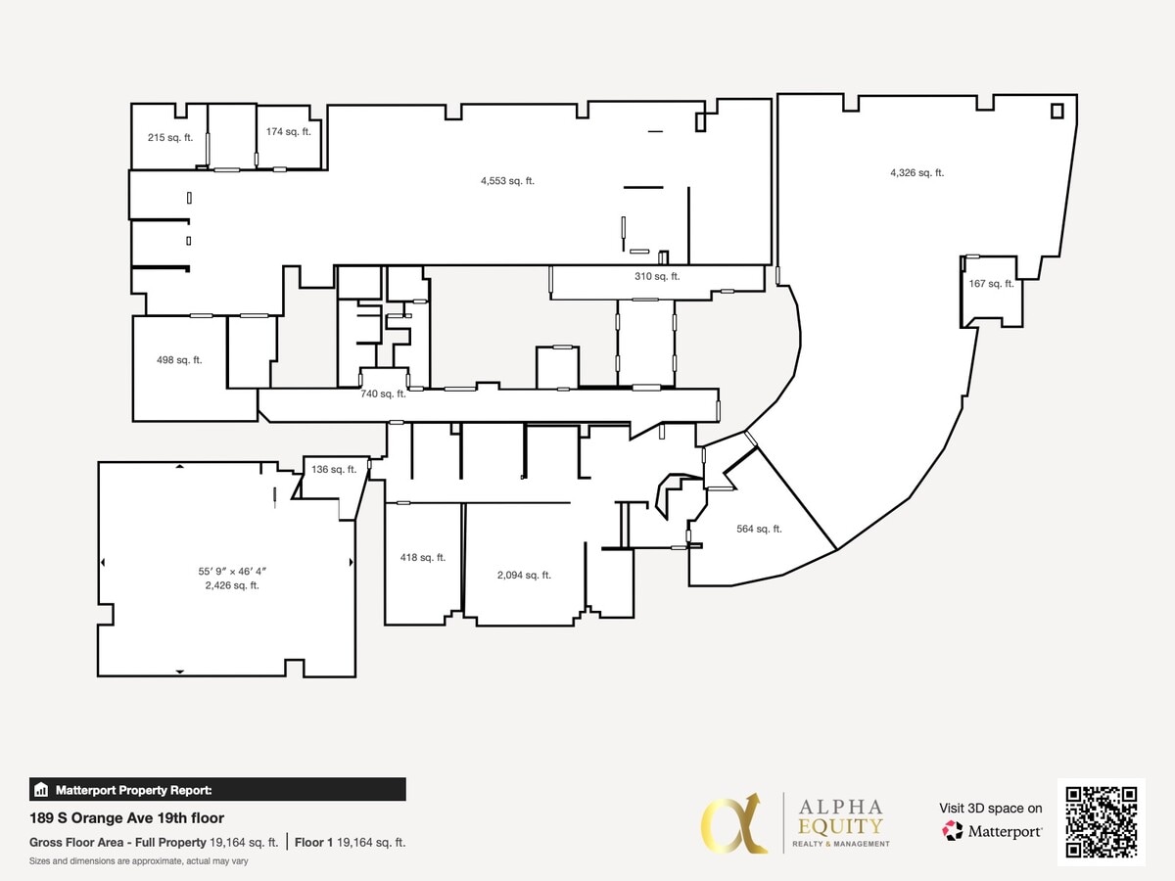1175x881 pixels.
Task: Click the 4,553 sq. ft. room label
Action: pyautogui.click(x=507, y=181)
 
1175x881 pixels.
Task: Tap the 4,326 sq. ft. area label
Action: pyautogui.click(x=916, y=173)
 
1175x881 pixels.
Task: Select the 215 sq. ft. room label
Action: pyautogui.click(x=170, y=138)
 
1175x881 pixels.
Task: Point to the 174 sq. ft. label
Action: pyautogui.click(x=288, y=132)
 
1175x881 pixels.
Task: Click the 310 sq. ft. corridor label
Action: pyautogui.click(x=657, y=277)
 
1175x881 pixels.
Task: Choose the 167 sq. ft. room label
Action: pyautogui.click(x=991, y=284)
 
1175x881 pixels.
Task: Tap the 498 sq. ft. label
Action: pyautogui.click(x=179, y=360)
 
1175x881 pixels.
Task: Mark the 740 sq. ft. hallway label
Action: pyautogui.click(x=383, y=394)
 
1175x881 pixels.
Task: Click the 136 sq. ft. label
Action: pyautogui.click(x=334, y=470)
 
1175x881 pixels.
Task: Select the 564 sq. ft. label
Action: pyautogui.click(x=759, y=530)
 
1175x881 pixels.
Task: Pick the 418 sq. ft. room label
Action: pyautogui.click(x=423, y=558)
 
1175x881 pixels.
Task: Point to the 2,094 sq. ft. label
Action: pyautogui.click(x=524, y=576)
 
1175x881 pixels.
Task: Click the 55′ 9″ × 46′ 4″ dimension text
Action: pyautogui.click(x=233, y=571)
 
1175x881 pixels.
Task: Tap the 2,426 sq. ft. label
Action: pyautogui.click(x=233, y=585)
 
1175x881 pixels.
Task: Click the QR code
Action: pyautogui.click(x=1101, y=822)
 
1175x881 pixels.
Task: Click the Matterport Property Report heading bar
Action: pyautogui.click(x=217, y=790)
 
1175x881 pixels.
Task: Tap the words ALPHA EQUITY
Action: pyautogui.click(x=840, y=816)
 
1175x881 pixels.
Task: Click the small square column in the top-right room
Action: pyautogui.click(x=1057, y=111)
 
